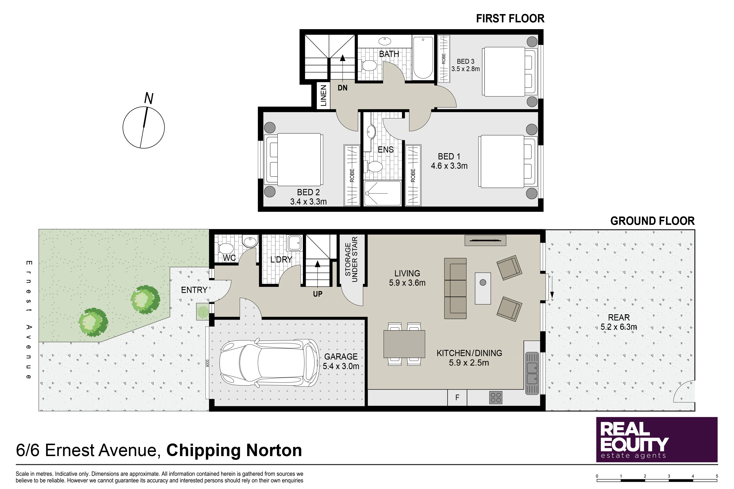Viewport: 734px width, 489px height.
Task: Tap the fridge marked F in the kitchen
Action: pyautogui.click(x=457, y=398)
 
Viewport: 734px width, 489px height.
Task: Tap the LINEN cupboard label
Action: pyautogui.click(x=324, y=95)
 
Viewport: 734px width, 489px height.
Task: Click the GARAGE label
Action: pyautogui.click(x=341, y=357)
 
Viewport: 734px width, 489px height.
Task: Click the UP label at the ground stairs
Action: pyautogui.click(x=318, y=294)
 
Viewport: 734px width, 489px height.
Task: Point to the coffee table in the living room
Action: pyautogui.click(x=483, y=288)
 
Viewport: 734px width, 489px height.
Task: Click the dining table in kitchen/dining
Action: pyautogui.click(x=404, y=344)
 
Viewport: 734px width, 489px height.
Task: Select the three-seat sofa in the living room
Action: pyautogui.click(x=455, y=288)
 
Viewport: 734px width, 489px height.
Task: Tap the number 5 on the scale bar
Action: pyautogui.click(x=717, y=476)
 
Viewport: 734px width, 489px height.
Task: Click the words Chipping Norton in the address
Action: pyautogui.click(x=234, y=451)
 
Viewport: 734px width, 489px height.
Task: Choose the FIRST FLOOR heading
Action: pyautogui.click(x=510, y=19)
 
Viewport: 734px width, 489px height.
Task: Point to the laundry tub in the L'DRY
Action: pyautogui.click(x=295, y=243)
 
